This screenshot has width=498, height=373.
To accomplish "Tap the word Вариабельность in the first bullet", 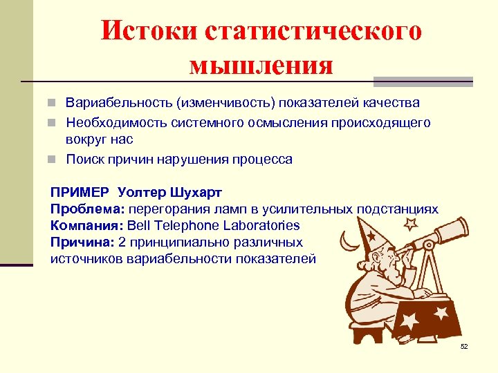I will tap(118, 103).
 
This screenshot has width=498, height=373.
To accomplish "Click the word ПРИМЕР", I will tap(80, 192).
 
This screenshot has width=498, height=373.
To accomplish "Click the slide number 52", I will tap(463, 346).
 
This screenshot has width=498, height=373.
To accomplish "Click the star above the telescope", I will tap(410, 224).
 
